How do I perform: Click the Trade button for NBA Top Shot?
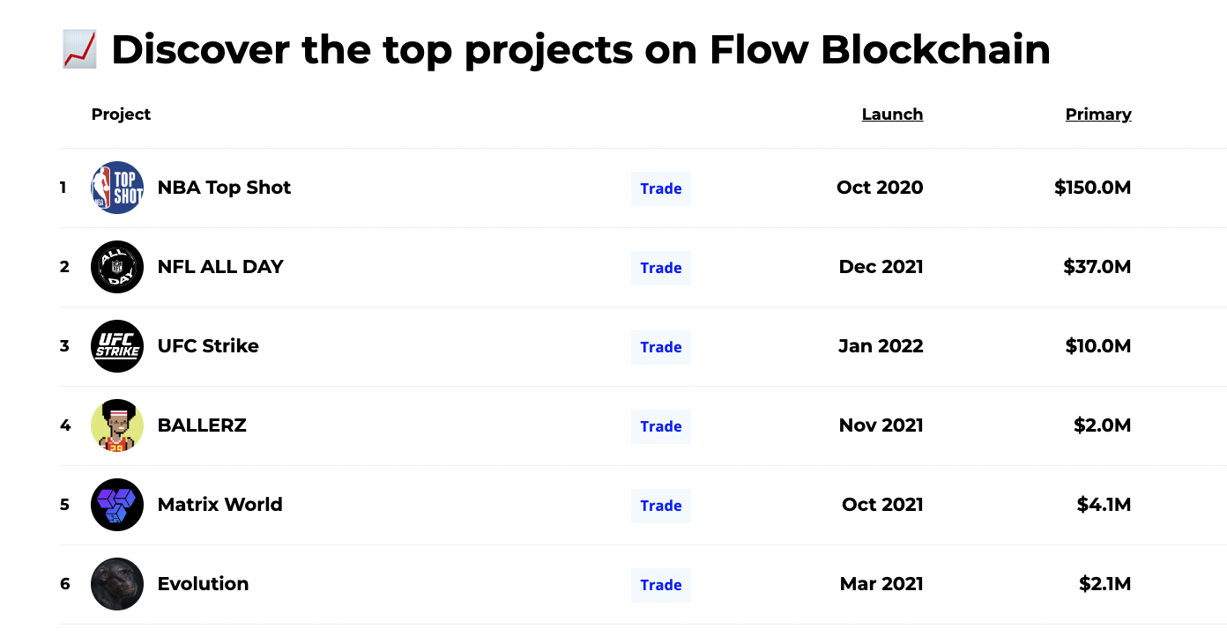660,189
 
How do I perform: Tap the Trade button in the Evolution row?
660,585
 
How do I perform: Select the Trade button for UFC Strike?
660,347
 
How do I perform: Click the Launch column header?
892,114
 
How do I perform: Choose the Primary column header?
1098,114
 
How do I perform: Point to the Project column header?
121,115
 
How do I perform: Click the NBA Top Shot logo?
117,187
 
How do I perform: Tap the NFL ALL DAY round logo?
117,267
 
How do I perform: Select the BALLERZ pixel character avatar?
117,425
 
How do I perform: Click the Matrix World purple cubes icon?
117,505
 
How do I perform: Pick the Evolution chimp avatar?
117,584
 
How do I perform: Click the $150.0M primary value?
1092,187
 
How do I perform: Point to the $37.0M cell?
1097,267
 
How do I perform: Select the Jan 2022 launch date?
881,346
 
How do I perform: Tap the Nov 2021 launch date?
881,425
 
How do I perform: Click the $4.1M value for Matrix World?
1104,505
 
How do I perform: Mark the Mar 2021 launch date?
881,584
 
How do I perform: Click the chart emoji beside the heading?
80,49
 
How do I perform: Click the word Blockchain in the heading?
935,49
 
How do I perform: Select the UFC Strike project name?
208,346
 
